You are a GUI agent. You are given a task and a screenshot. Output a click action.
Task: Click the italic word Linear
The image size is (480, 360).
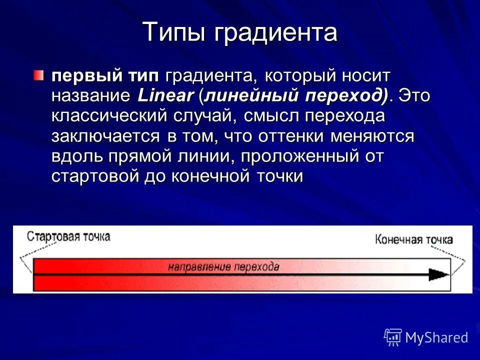click(164, 95)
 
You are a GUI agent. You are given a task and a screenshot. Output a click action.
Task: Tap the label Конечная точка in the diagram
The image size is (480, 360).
click(413, 239)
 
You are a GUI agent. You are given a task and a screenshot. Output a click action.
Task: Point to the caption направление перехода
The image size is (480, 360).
click(223, 266)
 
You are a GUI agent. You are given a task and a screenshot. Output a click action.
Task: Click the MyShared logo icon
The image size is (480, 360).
click(393, 337)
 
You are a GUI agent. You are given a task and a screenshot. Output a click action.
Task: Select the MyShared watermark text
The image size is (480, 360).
click(436, 337)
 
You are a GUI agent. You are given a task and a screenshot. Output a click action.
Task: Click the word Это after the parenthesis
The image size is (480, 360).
click(414, 95)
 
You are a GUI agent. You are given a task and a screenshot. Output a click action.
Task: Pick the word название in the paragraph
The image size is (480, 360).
click(90, 95)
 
